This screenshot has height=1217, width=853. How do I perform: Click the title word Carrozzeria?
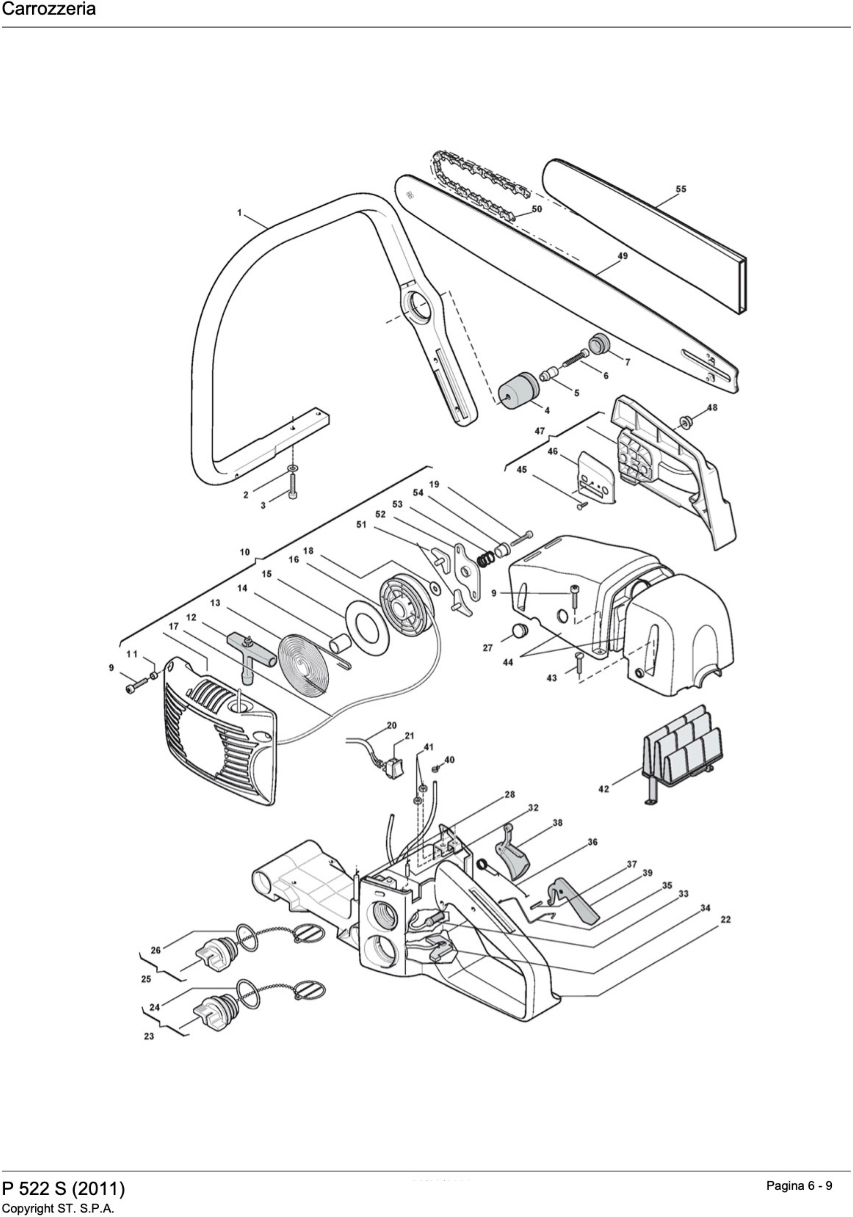tap(49, 9)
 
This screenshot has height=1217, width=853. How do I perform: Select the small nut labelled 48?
tap(687, 422)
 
